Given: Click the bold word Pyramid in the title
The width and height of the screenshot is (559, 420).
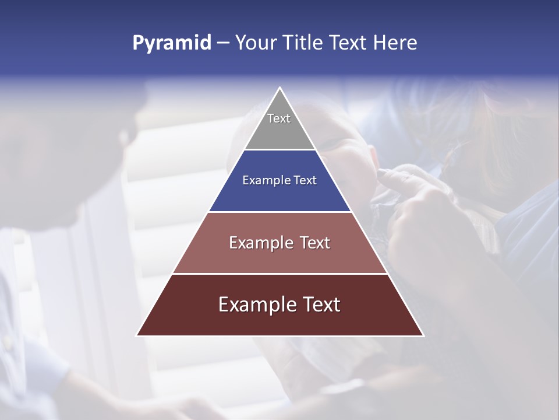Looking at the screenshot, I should [171, 43].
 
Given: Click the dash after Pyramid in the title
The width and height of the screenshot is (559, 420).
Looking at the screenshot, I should [223, 43].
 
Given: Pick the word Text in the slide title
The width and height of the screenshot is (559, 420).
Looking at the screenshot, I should [349, 43].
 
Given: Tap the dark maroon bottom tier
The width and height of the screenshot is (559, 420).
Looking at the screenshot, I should [279, 321].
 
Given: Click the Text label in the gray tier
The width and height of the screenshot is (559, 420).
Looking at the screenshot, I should [279, 118].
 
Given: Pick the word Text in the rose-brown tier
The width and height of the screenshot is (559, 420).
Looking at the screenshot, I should [315, 243].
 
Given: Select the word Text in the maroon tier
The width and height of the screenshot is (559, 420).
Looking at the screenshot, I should [320, 304].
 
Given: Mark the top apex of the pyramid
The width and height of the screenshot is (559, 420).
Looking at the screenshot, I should [279, 88].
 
